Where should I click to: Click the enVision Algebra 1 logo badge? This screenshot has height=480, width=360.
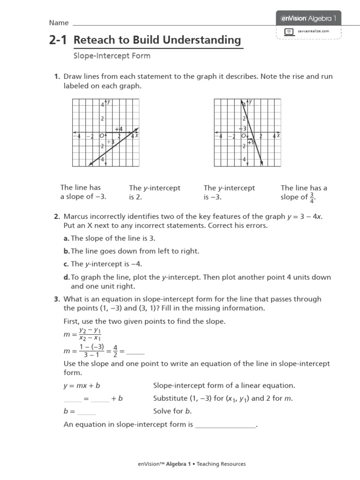[308, 19]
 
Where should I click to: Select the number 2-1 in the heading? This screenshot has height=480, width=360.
[57, 41]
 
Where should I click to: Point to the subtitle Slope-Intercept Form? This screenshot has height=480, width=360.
[112, 56]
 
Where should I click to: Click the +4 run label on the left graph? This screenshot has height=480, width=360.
[119, 129]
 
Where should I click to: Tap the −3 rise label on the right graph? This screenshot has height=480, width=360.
[242, 128]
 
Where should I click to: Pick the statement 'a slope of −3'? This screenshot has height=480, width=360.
[83, 197]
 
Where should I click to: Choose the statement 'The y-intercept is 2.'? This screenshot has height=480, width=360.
[155, 192]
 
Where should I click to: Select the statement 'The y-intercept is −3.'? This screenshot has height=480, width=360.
[229, 192]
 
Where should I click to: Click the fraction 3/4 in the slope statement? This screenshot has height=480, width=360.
[311, 197]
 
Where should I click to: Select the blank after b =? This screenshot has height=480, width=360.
[86, 412]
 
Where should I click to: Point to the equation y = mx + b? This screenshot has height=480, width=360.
[82, 386]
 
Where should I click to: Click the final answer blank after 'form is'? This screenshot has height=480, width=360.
[225, 425]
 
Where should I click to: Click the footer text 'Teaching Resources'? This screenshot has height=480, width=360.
[221, 464]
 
